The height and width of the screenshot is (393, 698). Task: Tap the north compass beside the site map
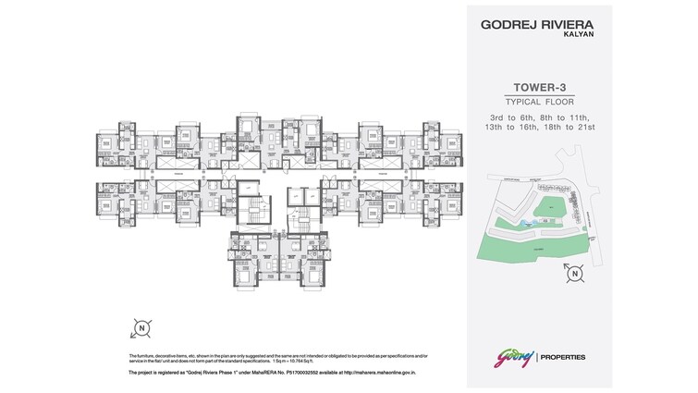(x=574, y=273)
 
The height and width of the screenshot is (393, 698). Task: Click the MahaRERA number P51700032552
(x=304, y=373)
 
